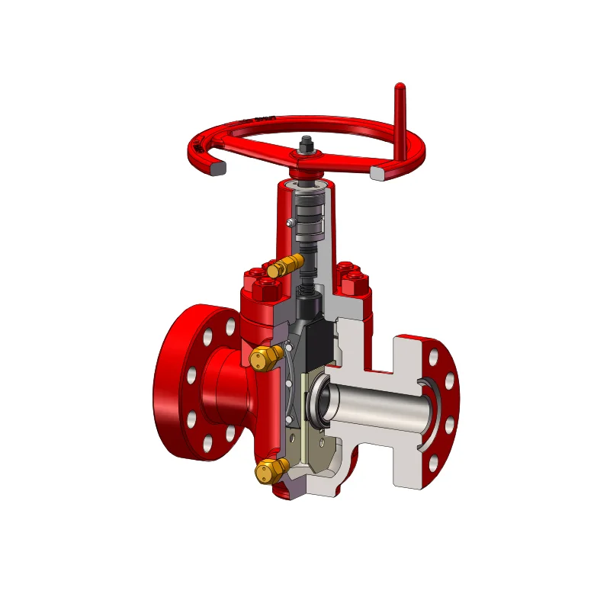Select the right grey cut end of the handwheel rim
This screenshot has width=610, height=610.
(x=377, y=173)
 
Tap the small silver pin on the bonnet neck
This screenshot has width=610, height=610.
(x=291, y=223)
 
